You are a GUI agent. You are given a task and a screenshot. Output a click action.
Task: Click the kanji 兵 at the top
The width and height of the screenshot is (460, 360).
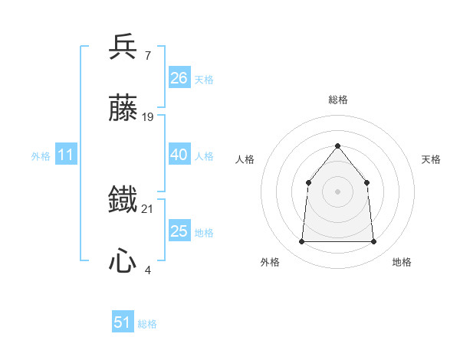point(123,47)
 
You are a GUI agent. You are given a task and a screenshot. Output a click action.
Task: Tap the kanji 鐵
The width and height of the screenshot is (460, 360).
point(123,201)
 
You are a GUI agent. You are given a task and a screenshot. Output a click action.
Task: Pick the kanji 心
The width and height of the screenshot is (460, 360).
point(123,262)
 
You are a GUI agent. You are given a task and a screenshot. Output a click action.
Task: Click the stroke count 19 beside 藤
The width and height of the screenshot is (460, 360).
point(148,117)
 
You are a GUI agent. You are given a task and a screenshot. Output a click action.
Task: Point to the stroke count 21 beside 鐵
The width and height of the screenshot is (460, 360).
point(148,208)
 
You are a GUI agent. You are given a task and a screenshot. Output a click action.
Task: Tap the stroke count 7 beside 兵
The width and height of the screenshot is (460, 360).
point(147,55)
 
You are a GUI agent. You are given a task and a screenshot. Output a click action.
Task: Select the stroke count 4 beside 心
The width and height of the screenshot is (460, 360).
point(147,270)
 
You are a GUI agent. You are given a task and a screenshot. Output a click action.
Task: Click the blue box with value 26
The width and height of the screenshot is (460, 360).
point(179,77)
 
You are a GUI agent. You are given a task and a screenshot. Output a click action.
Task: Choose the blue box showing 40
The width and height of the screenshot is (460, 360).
point(179,155)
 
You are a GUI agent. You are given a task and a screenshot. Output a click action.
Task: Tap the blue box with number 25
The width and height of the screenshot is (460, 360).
point(179,231)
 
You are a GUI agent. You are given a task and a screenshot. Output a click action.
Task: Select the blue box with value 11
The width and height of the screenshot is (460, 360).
point(66,155)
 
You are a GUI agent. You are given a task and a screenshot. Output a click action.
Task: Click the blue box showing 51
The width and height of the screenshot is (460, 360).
point(123,322)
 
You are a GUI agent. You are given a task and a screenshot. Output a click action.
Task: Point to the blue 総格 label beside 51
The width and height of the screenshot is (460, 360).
point(147,324)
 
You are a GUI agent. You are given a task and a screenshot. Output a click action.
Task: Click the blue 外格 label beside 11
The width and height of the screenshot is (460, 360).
point(41,156)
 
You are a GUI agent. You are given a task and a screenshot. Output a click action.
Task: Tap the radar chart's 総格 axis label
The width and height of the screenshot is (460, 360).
point(337,100)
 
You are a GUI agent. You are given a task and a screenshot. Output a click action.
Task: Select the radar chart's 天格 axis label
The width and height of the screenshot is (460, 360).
point(432,159)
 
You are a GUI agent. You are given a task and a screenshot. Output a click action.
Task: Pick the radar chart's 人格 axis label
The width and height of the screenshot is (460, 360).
point(245,159)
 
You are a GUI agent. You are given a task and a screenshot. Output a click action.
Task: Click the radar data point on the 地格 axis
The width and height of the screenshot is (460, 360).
point(373,242)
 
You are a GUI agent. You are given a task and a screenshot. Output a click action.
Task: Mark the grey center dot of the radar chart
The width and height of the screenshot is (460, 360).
point(337,191)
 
